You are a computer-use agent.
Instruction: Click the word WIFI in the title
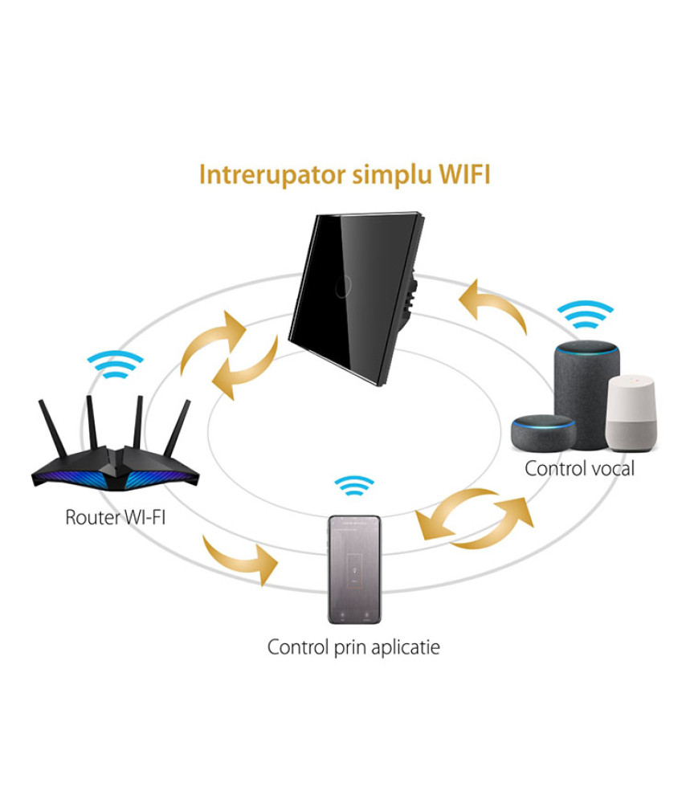pos(464,174)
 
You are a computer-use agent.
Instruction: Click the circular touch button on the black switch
pos(343,287)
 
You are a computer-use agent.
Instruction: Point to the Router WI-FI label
pos(115,517)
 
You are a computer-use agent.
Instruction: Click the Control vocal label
pos(579,469)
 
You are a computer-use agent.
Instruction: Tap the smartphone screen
pos(354,569)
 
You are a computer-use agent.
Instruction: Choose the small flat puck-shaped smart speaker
pos(543,434)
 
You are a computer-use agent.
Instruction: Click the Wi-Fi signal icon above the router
pos(115,364)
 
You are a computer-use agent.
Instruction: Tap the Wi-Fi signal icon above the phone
pos(354,486)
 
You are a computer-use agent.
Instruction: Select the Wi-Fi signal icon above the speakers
pos(586,314)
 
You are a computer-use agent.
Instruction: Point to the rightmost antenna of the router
pos(178,428)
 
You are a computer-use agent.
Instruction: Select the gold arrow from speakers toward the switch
pos(492,306)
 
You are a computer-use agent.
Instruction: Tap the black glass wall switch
pos(357,298)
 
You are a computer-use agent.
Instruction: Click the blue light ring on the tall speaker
pos(587,349)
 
